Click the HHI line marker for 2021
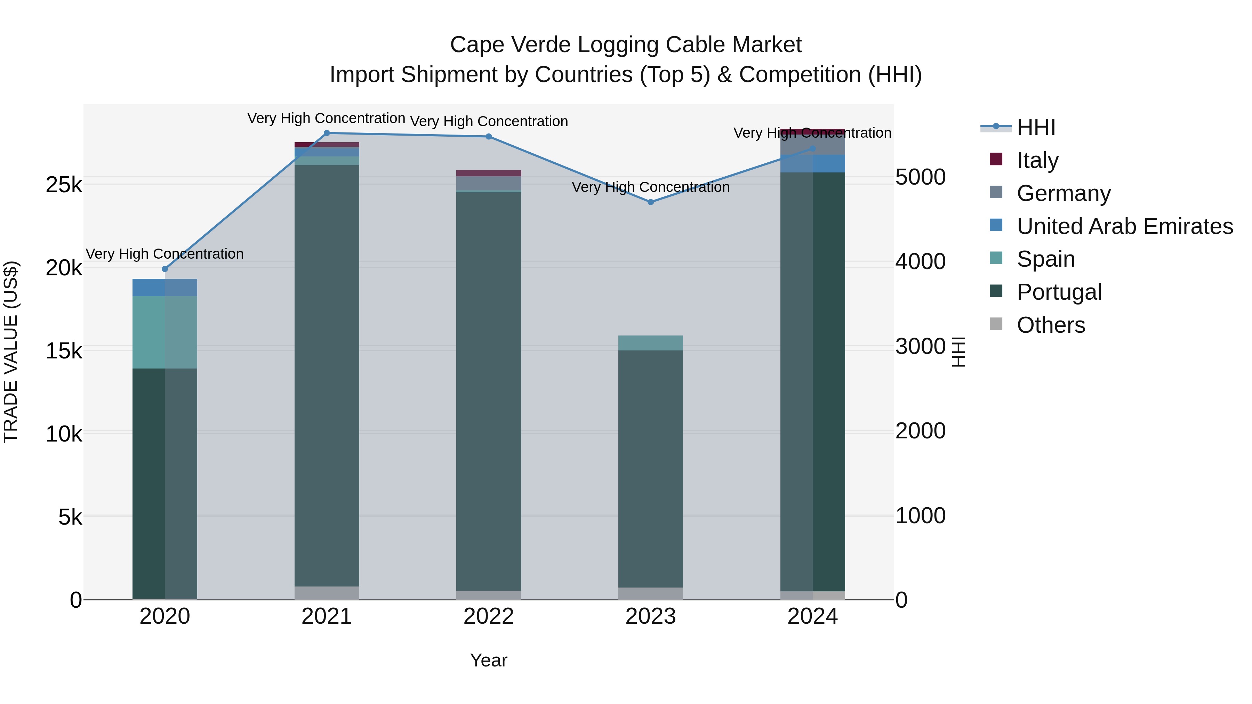pos(327,133)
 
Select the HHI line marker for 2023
pos(651,202)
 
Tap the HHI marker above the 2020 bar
pos(165,269)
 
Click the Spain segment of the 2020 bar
pos(165,332)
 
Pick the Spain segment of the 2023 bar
pos(650,343)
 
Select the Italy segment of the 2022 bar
pos(489,173)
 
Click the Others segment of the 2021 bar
pos(327,593)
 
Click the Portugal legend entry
pos(1059,292)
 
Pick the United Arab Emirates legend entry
pos(1124,226)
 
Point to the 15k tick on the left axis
pos(64,351)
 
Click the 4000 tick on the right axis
pos(920,262)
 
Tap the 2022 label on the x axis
pos(489,617)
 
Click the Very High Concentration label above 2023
pos(650,187)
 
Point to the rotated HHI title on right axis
pos(958,352)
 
